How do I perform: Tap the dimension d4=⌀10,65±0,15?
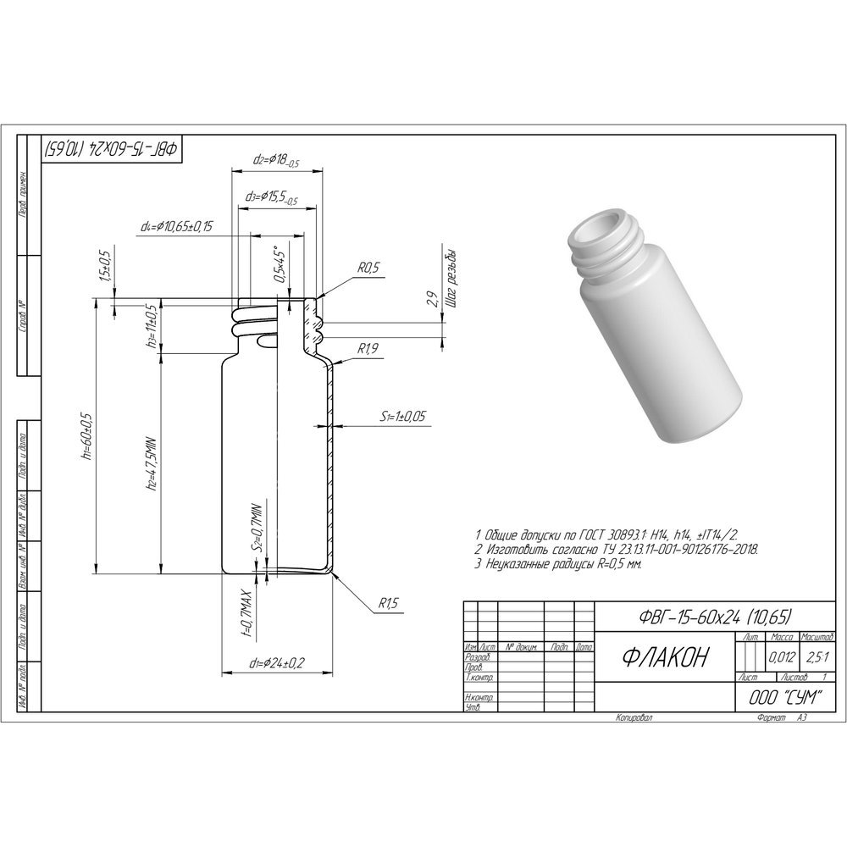[x=177, y=226]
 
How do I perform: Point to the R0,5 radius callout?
[x=369, y=268]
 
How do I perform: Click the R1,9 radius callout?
[x=367, y=348]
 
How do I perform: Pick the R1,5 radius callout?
[x=388, y=603]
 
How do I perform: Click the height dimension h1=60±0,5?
[x=86, y=434]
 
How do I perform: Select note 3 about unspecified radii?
[x=558, y=562]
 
